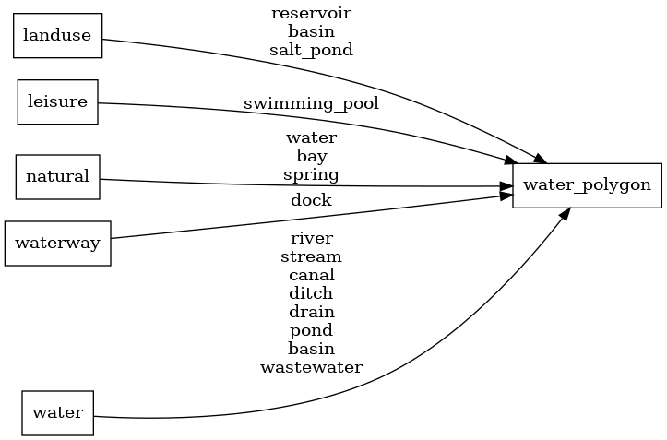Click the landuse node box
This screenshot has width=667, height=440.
click(x=57, y=36)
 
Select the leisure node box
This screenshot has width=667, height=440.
click(x=57, y=102)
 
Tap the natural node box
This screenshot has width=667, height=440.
click(x=57, y=176)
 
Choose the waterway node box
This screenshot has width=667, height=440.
click(x=57, y=244)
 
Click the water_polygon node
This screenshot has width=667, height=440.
click(x=587, y=184)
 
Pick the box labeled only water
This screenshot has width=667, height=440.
click(x=57, y=412)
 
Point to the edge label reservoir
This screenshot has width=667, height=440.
click(x=311, y=13)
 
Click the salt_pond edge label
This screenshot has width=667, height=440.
click(x=311, y=50)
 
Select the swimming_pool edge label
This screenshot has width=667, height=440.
click(x=311, y=103)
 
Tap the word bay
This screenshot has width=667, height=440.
click(x=311, y=156)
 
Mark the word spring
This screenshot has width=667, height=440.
click(x=311, y=174)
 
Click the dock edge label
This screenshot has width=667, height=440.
click(x=311, y=199)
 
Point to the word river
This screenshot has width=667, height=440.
click(x=311, y=238)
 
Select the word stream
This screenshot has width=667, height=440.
click(x=311, y=256)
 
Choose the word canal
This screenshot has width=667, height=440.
click(x=311, y=275)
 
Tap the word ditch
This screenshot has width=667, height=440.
click(x=311, y=293)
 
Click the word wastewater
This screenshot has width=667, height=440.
click(x=311, y=367)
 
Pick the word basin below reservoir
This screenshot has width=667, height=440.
click(x=311, y=31)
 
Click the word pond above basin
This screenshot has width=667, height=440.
click(x=311, y=330)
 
